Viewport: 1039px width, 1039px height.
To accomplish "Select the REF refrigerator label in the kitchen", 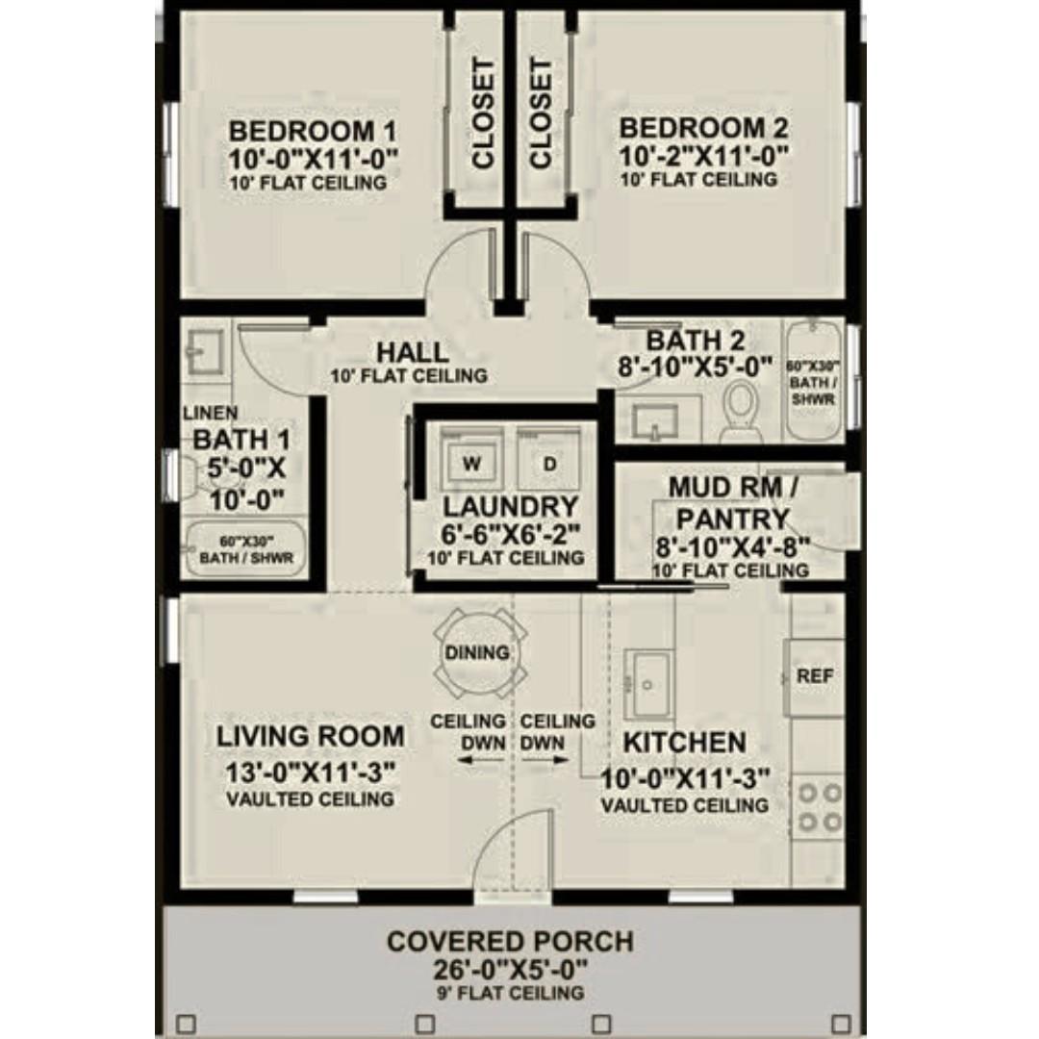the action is pyautogui.click(x=815, y=676).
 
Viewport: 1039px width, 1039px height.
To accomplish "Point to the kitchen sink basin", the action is pyautogui.click(x=648, y=685).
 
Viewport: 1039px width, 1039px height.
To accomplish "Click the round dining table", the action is pyautogui.click(x=477, y=652).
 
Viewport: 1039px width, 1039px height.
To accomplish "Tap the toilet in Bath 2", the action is pyautogui.click(x=739, y=408).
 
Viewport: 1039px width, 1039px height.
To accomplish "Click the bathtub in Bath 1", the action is pyautogui.click(x=246, y=549).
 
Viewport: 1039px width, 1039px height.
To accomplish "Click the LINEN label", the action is pyautogui.click(x=210, y=413).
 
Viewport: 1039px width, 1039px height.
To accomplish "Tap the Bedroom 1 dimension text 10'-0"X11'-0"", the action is pyautogui.click(x=313, y=160).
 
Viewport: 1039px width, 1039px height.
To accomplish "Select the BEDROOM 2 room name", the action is pyautogui.click(x=703, y=128).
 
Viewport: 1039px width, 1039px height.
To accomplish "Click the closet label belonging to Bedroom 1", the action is pyautogui.click(x=483, y=114).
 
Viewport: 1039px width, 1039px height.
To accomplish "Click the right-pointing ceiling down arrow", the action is pyautogui.click(x=545, y=760).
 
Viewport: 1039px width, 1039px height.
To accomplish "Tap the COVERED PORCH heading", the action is pyautogui.click(x=510, y=942).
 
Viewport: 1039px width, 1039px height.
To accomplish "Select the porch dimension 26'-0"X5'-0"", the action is pyautogui.click(x=510, y=971).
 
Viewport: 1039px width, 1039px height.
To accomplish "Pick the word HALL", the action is pyautogui.click(x=412, y=352).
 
